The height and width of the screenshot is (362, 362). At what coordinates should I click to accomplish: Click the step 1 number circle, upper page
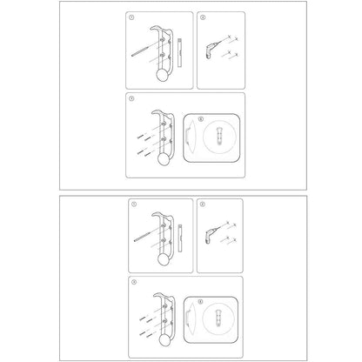[x=131, y=17]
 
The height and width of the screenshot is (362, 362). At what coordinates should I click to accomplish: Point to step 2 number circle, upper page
[x=203, y=17]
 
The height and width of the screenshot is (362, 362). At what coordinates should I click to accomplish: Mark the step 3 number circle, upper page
[x=131, y=98]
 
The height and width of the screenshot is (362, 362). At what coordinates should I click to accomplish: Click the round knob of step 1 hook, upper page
[x=161, y=77]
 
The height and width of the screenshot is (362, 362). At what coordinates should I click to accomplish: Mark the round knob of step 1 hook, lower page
[x=161, y=261]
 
